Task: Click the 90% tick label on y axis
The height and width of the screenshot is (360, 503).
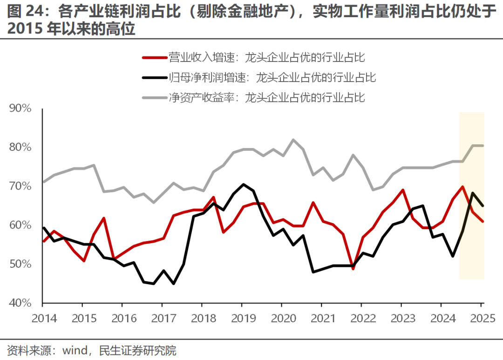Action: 20,109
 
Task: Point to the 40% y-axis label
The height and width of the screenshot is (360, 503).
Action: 20,303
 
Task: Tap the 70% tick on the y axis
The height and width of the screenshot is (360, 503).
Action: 20,186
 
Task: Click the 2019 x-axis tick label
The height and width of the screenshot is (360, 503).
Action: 241,319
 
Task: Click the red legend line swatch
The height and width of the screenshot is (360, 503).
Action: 154,58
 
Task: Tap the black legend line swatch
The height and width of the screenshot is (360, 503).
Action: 154,78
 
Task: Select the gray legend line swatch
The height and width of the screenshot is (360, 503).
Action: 154,98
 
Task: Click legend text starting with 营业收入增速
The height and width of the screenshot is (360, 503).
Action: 266,58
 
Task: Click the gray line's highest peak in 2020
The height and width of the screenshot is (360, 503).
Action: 293,139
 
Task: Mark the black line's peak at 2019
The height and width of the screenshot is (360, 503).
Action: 242,184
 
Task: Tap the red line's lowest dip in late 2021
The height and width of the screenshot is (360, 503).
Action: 353,269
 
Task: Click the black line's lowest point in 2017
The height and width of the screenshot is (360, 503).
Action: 173,283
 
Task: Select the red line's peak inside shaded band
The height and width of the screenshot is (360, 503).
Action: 462,187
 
